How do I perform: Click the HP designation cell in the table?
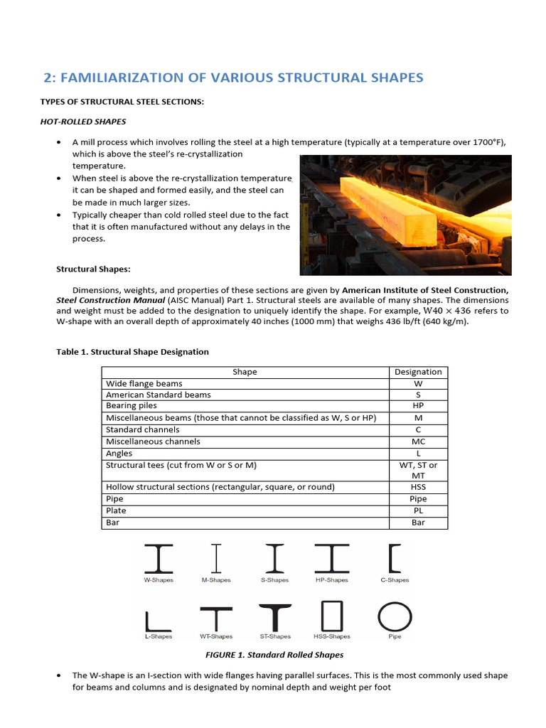(x=418, y=406)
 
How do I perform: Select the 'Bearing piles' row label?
(x=132, y=406)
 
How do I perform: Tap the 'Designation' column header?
(x=418, y=372)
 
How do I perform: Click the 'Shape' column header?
(x=245, y=372)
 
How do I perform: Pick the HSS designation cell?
(x=418, y=487)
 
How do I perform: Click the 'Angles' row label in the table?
(x=119, y=453)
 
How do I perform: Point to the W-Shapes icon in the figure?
(x=158, y=558)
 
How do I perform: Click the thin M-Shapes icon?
(x=216, y=558)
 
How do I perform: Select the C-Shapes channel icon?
(x=395, y=558)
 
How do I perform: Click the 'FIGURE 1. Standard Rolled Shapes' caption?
(x=274, y=655)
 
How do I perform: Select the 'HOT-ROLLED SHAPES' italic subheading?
(x=83, y=122)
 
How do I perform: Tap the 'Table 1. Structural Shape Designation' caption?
(x=132, y=352)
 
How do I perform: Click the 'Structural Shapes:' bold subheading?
(x=93, y=269)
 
